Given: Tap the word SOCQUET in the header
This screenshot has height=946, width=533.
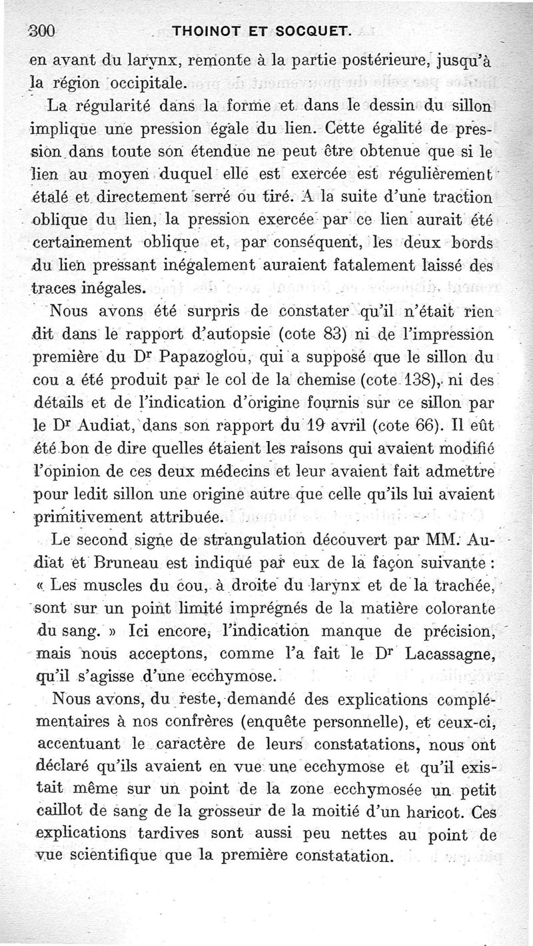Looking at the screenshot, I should [x=320, y=29].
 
